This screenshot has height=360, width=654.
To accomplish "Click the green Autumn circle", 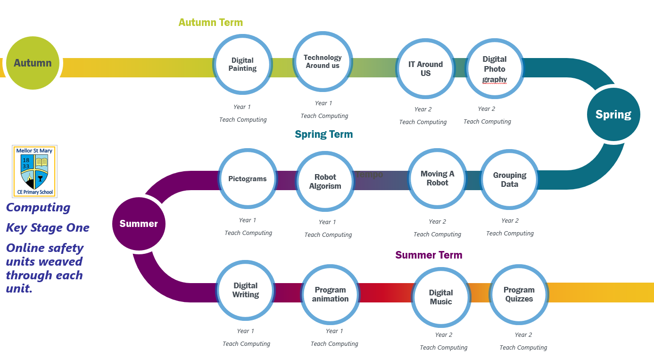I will pos(33,63).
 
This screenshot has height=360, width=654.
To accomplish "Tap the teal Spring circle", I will pos(613,115).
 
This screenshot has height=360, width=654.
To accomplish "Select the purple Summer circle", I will pos(139,224).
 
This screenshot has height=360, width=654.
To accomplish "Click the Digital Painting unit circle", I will pos(242,65).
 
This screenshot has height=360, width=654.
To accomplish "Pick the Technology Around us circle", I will pos(323,61).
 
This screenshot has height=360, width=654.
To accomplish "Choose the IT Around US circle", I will pos(425,69).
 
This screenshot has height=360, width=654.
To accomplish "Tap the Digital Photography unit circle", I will pos(495,69).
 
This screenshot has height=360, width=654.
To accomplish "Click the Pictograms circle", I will pos(248,179).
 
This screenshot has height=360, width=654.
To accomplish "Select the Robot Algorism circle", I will pos(325,182).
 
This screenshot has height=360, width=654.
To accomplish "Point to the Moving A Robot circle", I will pos(438,178).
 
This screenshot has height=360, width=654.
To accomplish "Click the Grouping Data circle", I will pos(509,180).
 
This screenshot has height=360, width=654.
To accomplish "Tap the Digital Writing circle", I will pos(246,290).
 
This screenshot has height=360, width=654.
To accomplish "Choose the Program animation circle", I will pos(331,294).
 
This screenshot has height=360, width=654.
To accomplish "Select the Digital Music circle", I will pos(441,297).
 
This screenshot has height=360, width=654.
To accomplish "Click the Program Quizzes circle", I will pos(519,294).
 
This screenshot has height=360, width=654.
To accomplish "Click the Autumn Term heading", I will pos(211,22).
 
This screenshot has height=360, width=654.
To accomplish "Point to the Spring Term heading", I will pos(324,134).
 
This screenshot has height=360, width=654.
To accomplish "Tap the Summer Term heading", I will pos(429,255).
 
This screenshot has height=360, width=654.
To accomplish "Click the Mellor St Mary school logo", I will pos(34,171).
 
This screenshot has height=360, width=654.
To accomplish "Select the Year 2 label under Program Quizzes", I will pos(523,335).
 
